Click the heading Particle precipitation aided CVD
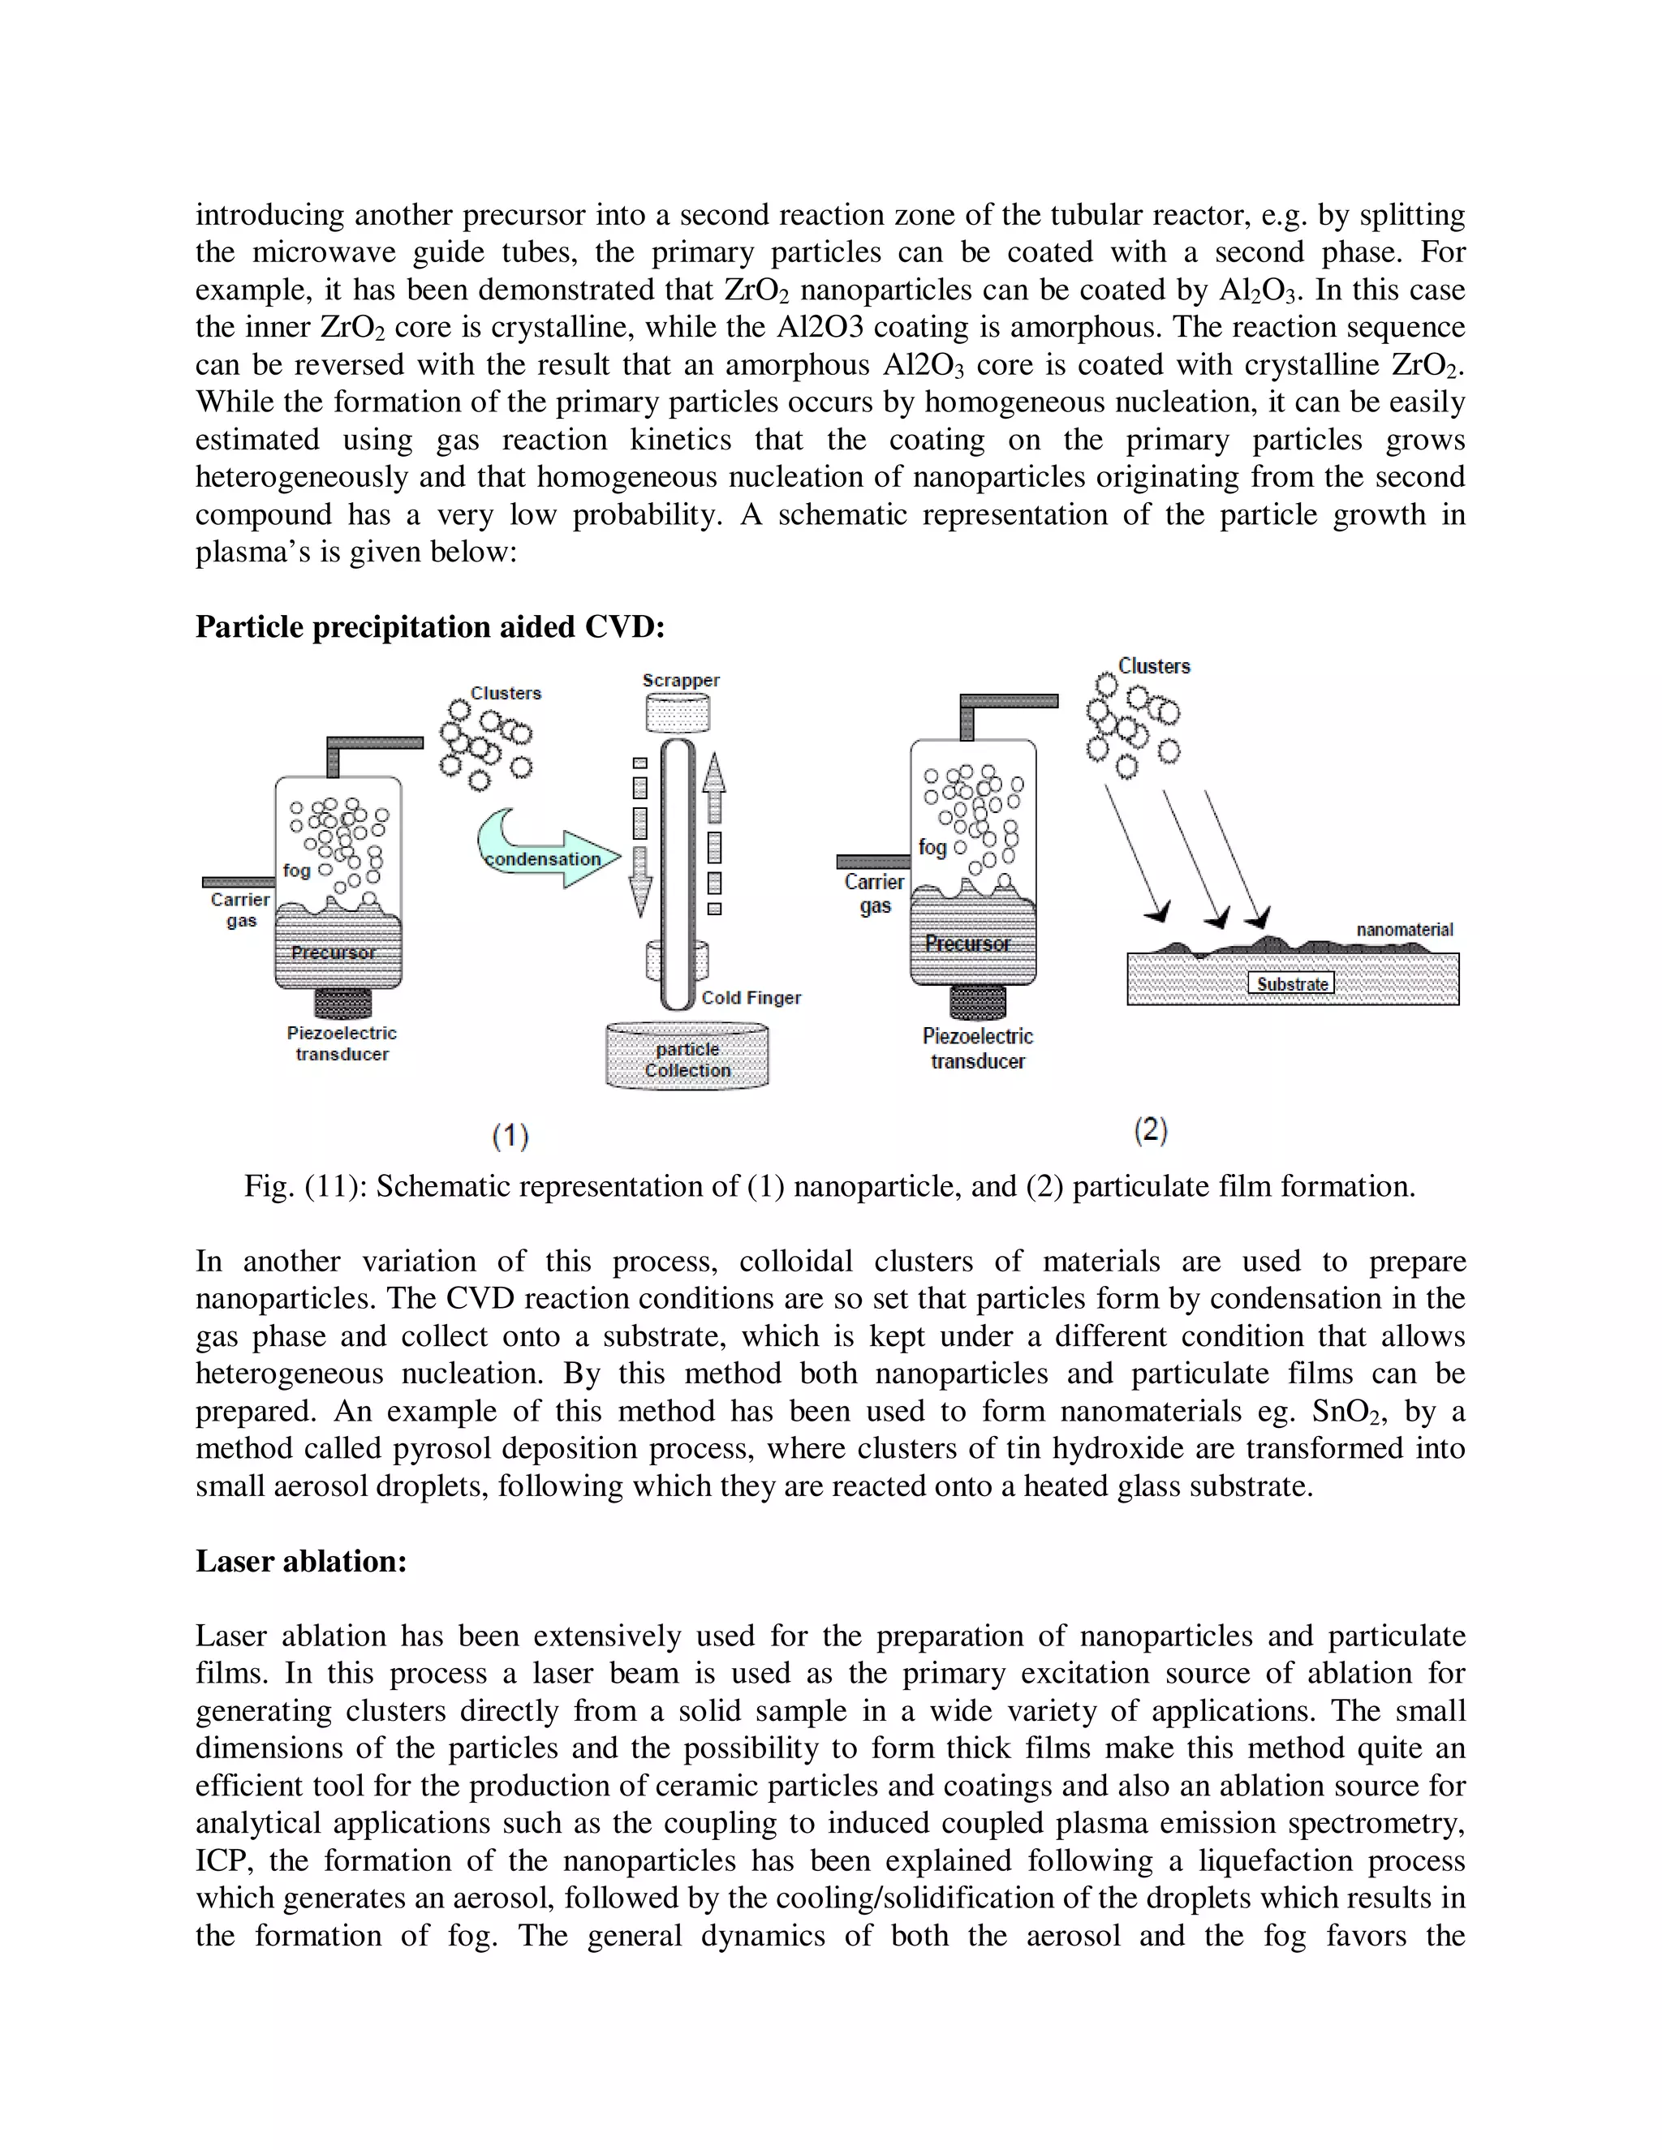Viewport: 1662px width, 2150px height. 429,627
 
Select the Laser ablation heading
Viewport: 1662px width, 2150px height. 300,1560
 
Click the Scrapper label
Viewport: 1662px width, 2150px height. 680,680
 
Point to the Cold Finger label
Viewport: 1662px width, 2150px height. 751,997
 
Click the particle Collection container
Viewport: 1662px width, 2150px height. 687,1058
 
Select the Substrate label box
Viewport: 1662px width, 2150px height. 1291,983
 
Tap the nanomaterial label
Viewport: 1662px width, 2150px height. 1404,929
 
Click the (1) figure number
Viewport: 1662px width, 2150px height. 511,1136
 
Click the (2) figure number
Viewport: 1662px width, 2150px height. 1150,1130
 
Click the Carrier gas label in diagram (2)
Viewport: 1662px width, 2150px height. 873,893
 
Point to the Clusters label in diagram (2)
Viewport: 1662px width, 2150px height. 1154,666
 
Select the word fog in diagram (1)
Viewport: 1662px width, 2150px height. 295,871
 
